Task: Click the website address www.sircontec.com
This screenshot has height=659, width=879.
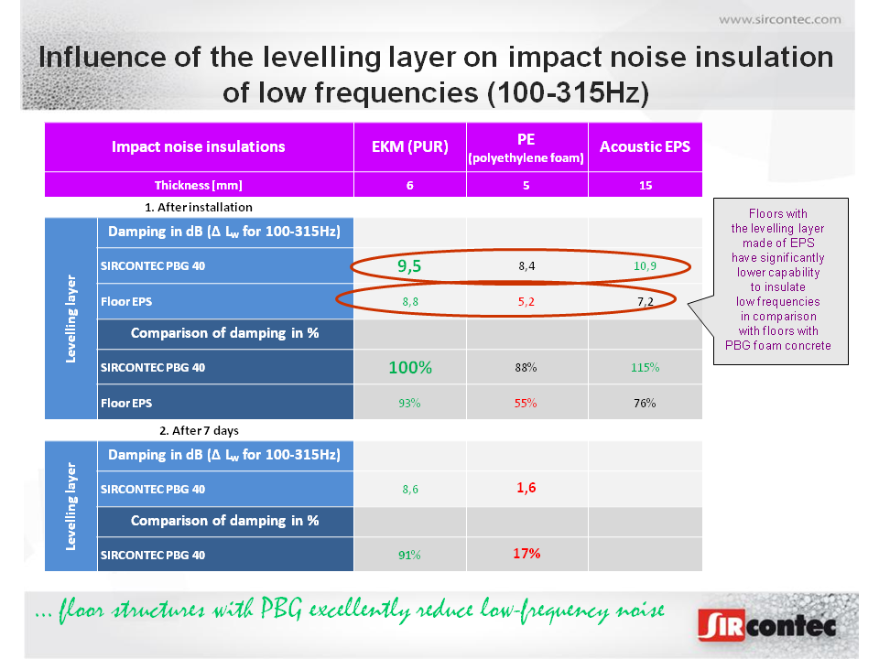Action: point(779,18)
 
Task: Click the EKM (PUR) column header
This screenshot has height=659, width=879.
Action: point(409,146)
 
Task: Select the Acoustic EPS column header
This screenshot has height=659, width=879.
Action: point(645,146)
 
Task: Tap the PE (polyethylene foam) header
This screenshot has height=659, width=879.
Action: point(526,147)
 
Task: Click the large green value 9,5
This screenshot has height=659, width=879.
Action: point(409,266)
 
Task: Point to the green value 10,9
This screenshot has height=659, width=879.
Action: point(645,266)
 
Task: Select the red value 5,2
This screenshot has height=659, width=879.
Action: point(526,300)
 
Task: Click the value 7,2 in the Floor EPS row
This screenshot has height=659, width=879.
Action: point(645,300)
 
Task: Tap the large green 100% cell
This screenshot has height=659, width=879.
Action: point(409,368)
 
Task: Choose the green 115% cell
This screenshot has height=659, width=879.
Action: point(645,368)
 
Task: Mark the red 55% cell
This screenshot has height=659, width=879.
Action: point(526,402)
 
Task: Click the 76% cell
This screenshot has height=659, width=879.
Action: point(645,402)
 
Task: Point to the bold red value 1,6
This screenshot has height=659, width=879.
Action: point(526,488)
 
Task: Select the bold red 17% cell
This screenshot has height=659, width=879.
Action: point(526,554)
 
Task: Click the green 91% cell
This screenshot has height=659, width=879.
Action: point(409,555)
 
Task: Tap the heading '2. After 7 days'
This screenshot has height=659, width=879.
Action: point(199,430)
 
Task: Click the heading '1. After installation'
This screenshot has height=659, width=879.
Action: point(199,208)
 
